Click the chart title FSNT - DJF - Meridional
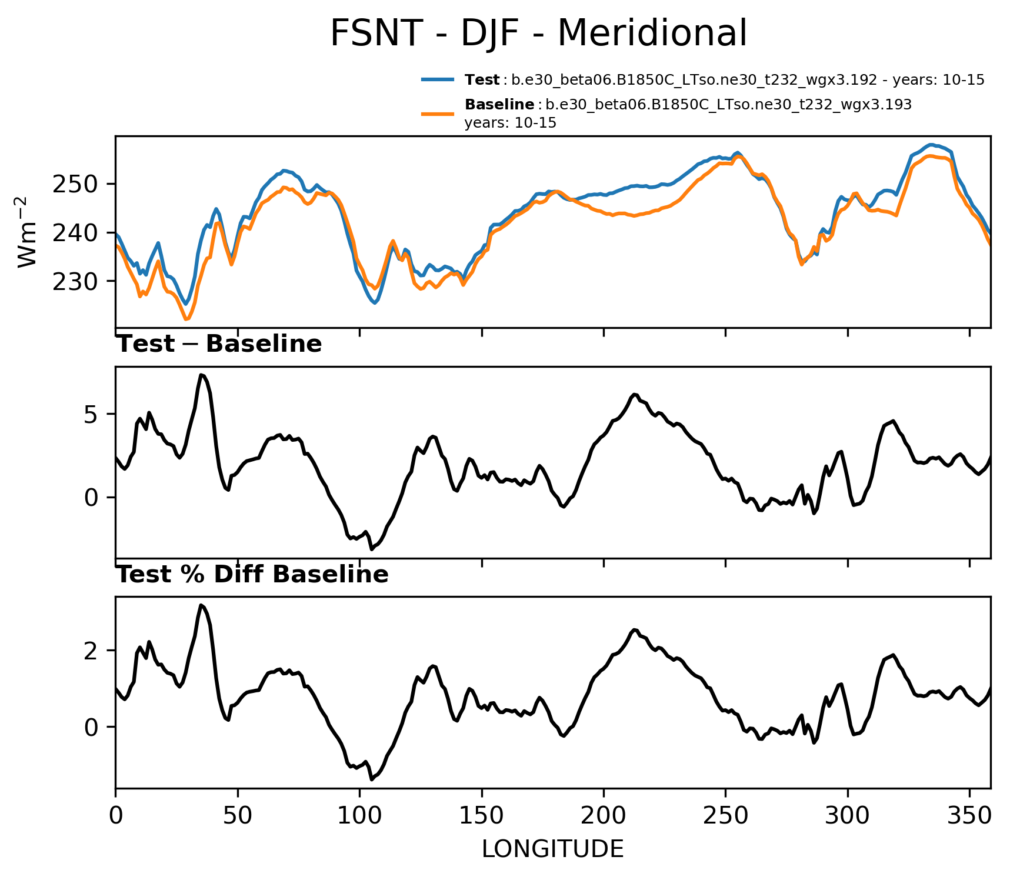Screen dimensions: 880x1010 point(538,34)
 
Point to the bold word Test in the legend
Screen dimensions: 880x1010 point(482,80)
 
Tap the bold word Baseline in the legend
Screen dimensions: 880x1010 point(499,105)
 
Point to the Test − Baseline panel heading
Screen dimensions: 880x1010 point(219,344)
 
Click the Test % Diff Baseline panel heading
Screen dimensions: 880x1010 point(252,575)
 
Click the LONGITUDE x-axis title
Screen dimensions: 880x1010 point(552,849)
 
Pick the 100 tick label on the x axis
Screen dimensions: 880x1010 point(359,816)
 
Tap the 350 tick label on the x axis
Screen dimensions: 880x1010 point(969,816)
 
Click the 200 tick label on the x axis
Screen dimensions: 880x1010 point(604,816)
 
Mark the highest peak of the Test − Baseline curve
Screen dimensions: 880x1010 point(201,375)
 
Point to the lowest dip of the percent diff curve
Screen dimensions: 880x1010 point(372,779)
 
